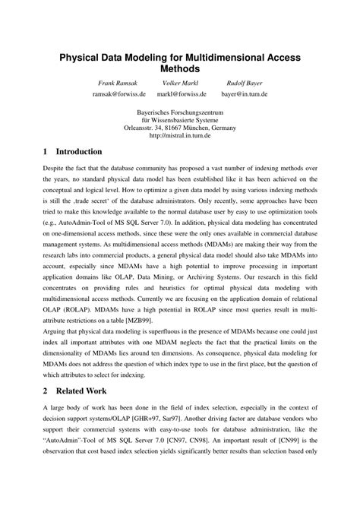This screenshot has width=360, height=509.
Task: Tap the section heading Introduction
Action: click(79, 151)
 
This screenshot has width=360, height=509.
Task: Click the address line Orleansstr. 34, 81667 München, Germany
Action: click(180, 128)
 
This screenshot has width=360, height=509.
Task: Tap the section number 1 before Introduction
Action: click(46, 151)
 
